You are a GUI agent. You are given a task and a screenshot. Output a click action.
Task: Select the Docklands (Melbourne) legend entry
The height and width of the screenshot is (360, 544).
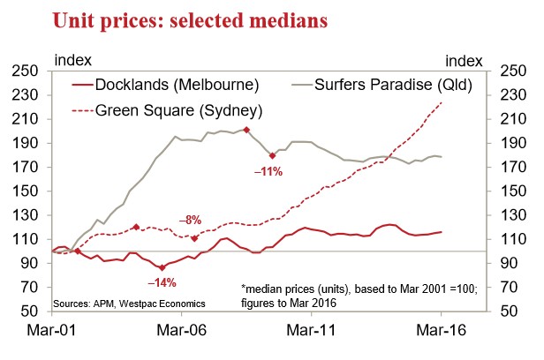pos(164,86)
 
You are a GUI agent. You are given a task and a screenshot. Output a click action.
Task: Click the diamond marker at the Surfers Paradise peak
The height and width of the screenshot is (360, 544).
pos(246,130)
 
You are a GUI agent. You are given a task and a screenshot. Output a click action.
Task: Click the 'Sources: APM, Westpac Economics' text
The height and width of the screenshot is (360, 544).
pos(130,304)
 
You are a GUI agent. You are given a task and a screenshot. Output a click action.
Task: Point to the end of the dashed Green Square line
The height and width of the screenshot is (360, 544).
pos(441,103)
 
